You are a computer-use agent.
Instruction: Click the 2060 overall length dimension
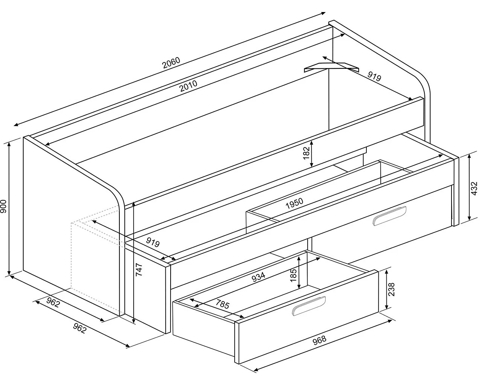(x=171, y=63)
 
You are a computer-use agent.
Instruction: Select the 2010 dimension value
(x=189, y=86)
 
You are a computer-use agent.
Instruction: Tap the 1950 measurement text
(x=294, y=203)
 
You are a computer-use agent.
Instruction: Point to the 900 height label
(x=4, y=206)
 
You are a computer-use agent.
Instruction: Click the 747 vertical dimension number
(x=139, y=270)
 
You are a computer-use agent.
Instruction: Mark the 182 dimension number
(x=306, y=153)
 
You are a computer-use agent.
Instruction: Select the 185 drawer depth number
(x=293, y=275)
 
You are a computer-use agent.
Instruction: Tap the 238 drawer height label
(x=391, y=289)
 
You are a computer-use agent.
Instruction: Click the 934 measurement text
(x=258, y=277)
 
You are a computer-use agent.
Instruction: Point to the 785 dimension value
(x=223, y=304)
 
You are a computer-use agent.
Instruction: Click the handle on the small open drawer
(x=309, y=306)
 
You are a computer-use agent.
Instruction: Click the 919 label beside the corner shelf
(x=374, y=77)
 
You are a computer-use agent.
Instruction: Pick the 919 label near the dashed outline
(x=153, y=242)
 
